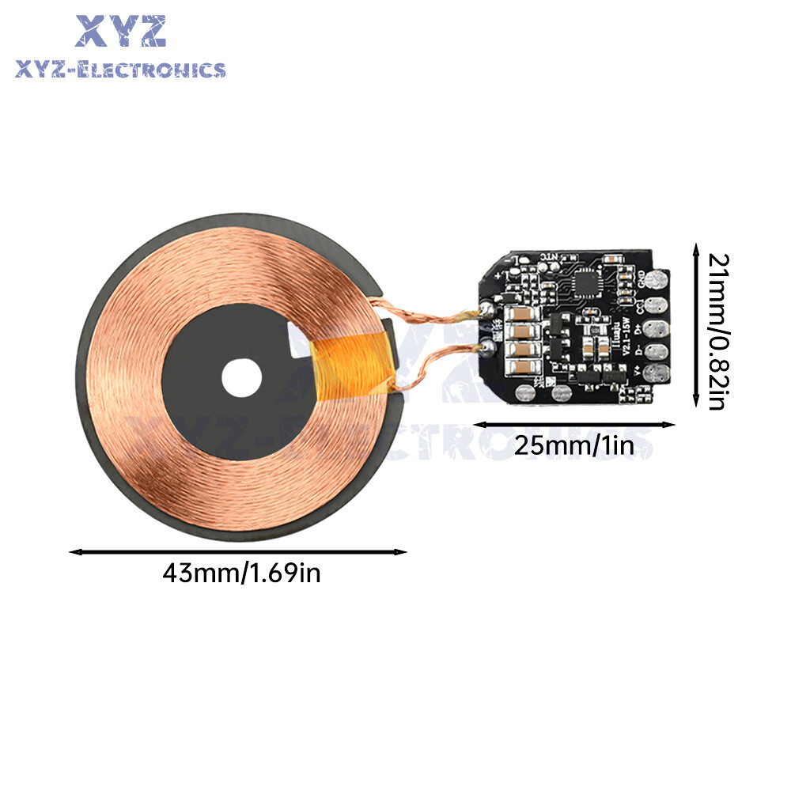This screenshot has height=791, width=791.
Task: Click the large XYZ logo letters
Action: click(x=121, y=32)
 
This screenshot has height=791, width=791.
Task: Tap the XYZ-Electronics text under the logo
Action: click(x=120, y=70)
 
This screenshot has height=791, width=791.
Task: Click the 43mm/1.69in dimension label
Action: click(x=241, y=572)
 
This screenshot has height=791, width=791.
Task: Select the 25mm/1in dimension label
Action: click(x=574, y=445)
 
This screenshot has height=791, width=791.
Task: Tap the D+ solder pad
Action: click(x=656, y=327)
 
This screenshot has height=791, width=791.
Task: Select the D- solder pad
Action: click(x=656, y=350)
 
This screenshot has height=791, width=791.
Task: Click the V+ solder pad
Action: click(x=656, y=372)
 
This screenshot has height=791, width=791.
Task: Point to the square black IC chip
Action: click(x=586, y=279)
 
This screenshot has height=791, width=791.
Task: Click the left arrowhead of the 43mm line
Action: click(x=74, y=551)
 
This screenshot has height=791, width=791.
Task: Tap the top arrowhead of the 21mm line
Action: click(x=695, y=248)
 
